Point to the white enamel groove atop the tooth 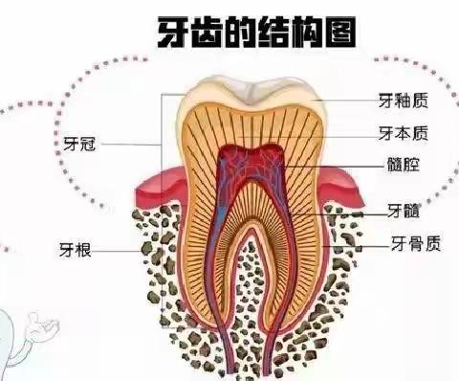pyautogui.click(x=251, y=94)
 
